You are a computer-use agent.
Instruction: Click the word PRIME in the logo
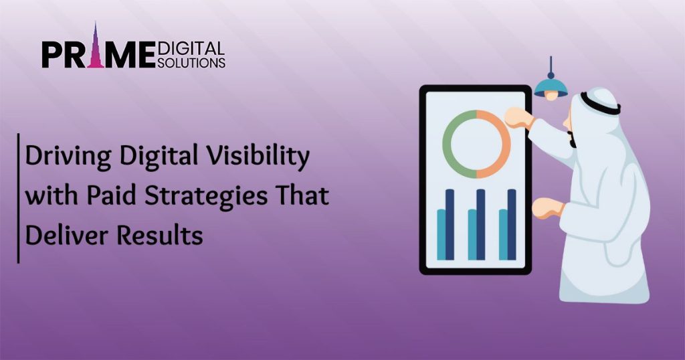point(98,53)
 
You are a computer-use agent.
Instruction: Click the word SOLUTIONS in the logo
point(192,62)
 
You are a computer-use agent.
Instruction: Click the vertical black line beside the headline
point(18,198)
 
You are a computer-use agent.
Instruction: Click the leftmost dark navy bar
point(450,223)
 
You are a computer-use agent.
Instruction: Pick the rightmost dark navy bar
point(512,223)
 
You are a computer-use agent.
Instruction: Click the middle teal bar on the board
point(472,234)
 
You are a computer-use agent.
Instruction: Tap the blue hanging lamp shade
point(551,87)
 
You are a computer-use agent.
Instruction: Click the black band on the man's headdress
point(599,104)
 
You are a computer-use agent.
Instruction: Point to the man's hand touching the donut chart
point(516,118)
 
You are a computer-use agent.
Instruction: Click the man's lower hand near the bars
point(545,207)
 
